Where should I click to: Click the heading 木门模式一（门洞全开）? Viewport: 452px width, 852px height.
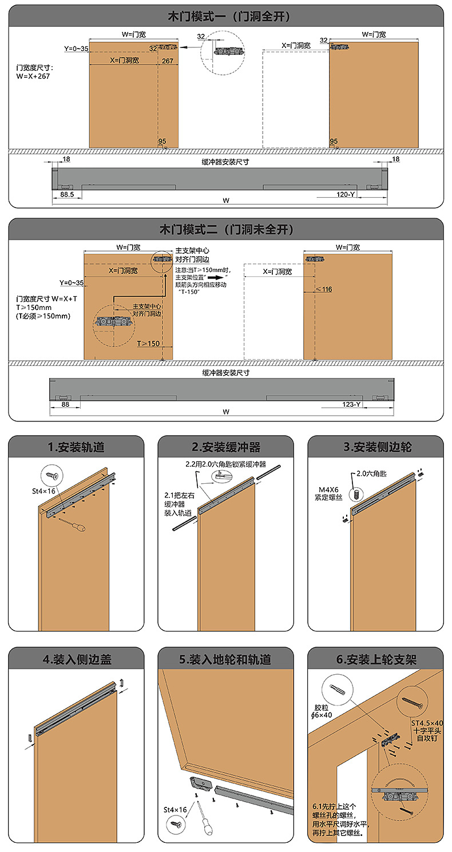pos(226,17)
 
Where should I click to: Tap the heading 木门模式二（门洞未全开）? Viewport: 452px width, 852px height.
pos(226,230)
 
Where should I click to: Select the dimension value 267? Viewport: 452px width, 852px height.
pos(168,61)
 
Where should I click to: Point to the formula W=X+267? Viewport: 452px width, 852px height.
pos(34,75)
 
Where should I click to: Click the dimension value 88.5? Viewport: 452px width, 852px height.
pos(67,195)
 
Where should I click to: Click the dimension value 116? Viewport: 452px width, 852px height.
pos(327,289)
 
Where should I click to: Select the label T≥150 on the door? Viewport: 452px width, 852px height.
pos(149,344)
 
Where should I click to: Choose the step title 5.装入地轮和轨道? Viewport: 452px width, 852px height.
pos(225,659)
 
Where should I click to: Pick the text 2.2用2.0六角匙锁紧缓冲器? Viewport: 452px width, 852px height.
pos(225,464)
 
